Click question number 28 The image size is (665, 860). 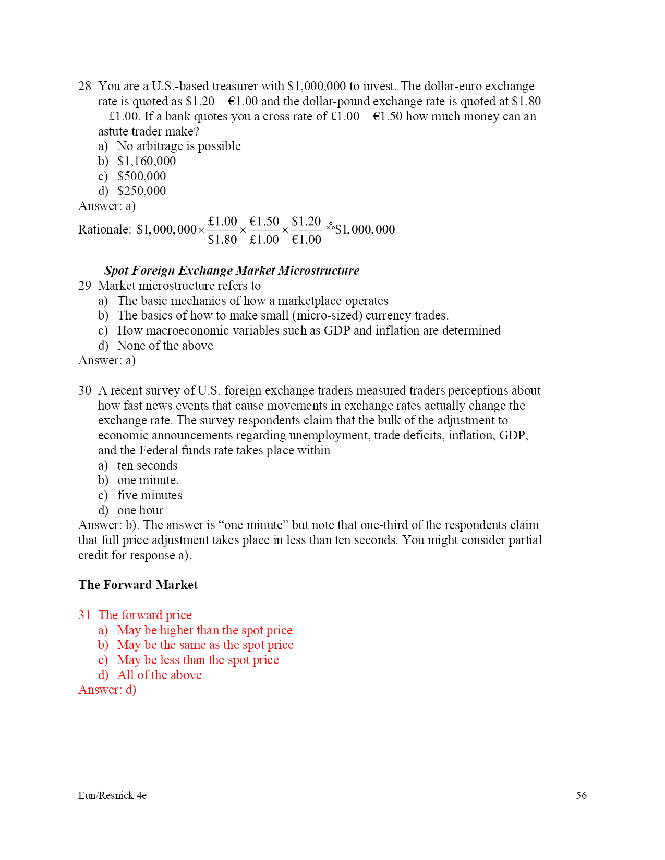point(84,86)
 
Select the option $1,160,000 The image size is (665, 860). point(146,161)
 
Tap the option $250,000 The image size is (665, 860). point(141,191)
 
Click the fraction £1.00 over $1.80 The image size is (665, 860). point(222,230)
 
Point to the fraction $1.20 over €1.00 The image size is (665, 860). point(306,230)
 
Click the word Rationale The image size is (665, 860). point(104,229)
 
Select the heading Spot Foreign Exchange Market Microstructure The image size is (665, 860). point(232,271)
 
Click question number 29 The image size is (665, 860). point(84,286)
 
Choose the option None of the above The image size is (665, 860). point(165,346)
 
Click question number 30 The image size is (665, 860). point(84,390)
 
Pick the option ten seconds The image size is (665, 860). point(147,465)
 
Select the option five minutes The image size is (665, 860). point(150,495)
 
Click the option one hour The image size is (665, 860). point(140,510)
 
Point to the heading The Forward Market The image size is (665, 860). point(138,585)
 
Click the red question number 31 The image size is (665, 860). point(84,615)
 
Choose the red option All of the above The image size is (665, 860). point(159,675)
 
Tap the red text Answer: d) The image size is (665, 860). point(107,690)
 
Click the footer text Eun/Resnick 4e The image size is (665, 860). point(112,795)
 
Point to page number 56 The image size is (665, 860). point(581,795)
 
